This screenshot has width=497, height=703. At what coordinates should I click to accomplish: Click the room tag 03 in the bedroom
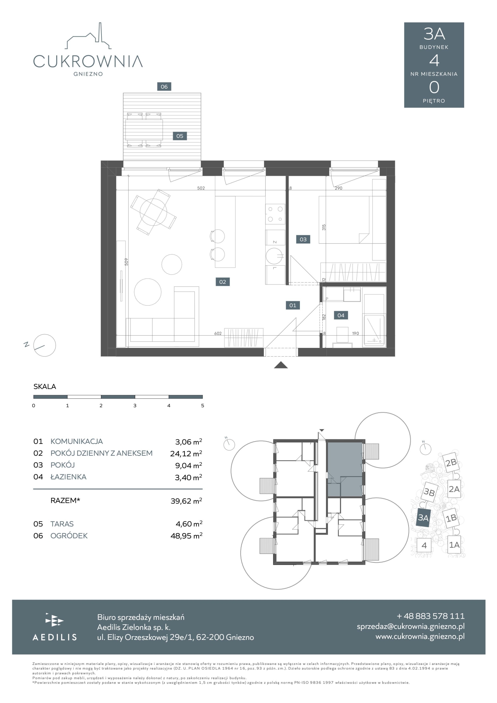coord(303,239)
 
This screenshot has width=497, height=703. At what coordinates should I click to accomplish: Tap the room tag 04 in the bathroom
coord(341,315)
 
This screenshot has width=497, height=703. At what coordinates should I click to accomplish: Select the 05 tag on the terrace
coord(180,136)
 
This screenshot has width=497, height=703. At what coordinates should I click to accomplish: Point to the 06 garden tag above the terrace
coord(164,87)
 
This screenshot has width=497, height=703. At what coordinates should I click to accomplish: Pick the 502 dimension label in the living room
coord(201,188)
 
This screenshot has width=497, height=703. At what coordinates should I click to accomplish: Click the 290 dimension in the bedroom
coord(338,188)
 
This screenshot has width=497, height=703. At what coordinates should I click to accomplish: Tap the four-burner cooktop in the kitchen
coord(275,214)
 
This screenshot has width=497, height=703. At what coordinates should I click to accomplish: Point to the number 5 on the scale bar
coord(203,406)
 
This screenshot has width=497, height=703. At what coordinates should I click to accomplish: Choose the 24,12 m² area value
coord(186,453)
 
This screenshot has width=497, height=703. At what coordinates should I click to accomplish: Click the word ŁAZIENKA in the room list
coord(68,477)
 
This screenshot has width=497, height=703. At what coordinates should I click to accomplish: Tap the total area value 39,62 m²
coord(186,501)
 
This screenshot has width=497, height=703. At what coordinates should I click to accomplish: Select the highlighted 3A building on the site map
coord(423,518)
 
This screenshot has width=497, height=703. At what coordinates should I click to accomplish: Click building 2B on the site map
coord(451,462)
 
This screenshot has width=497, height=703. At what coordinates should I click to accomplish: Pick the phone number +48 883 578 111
coord(431,616)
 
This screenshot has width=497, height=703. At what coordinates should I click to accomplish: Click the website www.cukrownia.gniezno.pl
coord(420,636)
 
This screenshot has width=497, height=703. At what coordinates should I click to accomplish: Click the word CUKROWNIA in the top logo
coord(88,61)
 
